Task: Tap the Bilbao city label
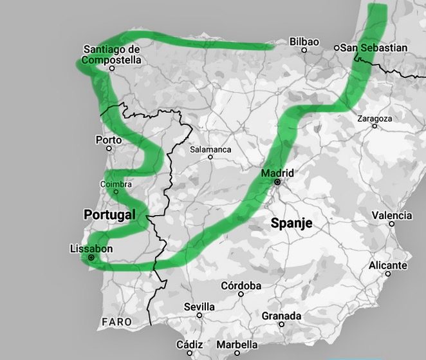(304, 41)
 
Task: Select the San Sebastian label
(374, 48)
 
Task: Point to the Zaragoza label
(374, 118)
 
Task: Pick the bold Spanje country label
(291, 223)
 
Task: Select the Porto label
(108, 140)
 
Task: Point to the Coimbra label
(116, 185)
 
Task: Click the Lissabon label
(91, 249)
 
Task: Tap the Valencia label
(392, 215)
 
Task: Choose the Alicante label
(387, 265)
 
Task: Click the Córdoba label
(241, 285)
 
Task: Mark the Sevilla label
(199, 307)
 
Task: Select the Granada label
(281, 316)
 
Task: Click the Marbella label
(237, 344)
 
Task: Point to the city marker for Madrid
(277, 182)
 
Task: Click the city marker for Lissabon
(91, 258)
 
